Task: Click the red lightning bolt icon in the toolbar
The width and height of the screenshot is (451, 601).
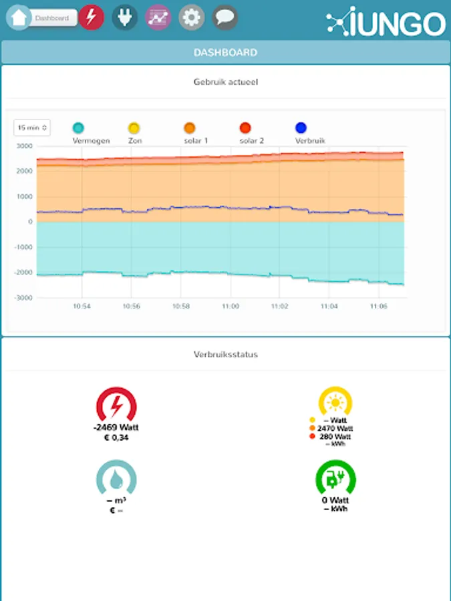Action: coord(92,17)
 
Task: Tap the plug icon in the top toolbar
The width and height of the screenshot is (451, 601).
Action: coord(125,17)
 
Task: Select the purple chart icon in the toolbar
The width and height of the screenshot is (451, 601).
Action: coord(158,17)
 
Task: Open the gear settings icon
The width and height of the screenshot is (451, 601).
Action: coord(192,17)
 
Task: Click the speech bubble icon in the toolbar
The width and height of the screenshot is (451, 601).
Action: coord(225,17)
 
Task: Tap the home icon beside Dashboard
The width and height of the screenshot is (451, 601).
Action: coord(18,17)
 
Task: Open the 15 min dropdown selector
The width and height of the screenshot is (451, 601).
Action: coord(32,128)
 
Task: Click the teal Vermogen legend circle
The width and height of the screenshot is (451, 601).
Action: coord(78,128)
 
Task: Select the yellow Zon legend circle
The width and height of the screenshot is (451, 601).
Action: coord(134,128)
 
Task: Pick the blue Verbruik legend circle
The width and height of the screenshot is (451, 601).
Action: coord(301,128)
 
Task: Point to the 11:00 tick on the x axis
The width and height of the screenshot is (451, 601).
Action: coord(231,306)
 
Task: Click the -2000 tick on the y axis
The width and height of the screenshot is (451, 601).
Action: coord(24,272)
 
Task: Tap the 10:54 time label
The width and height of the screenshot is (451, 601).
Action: coord(82,306)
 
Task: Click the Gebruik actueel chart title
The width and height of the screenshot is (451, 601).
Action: coord(225,82)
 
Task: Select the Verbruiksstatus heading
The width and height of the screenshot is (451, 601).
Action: coord(225,355)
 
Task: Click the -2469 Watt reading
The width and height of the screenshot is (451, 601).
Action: coord(116,427)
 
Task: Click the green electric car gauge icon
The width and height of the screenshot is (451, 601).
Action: coord(335,479)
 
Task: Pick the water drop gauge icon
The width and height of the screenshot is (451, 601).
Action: coord(116,479)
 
